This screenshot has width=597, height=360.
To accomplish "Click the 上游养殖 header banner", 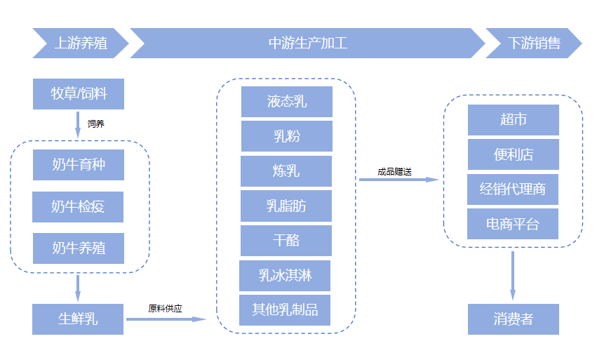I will (80, 43).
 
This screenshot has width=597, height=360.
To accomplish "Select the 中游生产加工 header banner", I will (307, 43).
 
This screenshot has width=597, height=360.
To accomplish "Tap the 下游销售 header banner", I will (534, 43).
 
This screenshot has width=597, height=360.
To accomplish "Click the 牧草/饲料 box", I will (79, 94).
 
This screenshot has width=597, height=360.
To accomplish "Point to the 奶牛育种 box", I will (78, 165).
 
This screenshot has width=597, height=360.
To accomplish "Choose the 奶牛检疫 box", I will (78, 207).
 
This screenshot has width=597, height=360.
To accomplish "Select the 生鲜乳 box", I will (78, 319).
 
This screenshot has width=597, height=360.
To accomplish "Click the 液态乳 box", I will (286, 102).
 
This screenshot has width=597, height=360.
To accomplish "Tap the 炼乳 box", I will (286, 171).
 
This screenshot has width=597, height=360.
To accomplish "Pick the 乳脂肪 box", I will (286, 206).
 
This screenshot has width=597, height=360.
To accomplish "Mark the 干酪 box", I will (286, 240).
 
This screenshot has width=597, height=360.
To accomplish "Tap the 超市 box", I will (513, 120).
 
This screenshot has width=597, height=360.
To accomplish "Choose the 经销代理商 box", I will (513, 189).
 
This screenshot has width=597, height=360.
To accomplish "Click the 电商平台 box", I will (513, 225).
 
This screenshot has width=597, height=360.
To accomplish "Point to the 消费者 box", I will (513, 319).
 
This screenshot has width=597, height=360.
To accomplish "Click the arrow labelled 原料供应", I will (166, 319).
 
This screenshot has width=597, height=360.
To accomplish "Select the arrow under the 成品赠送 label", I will (398, 180).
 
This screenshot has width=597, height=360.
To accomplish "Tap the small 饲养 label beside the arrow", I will (96, 124).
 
